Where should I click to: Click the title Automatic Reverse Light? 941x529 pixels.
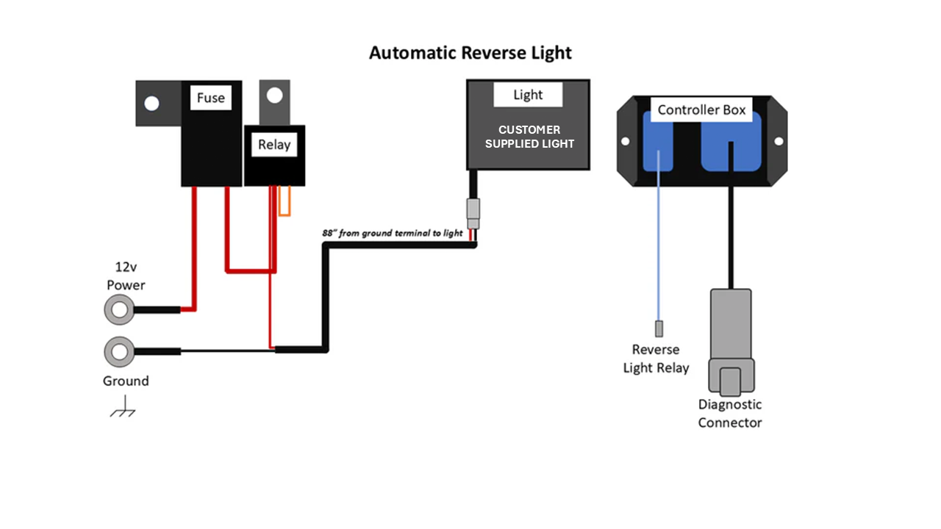[x=470, y=53]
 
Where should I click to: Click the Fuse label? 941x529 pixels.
[x=211, y=98]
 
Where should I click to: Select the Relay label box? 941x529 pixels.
[x=273, y=145]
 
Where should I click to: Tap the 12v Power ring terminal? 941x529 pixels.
[x=119, y=310]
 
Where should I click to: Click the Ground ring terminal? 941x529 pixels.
[x=119, y=351]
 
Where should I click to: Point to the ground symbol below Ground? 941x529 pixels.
[x=124, y=408]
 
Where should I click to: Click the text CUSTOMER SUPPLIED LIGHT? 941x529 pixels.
[x=529, y=137]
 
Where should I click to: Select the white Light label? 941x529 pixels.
[x=528, y=95]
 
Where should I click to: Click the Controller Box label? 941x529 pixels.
[x=701, y=110]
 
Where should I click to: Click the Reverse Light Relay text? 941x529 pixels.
[x=656, y=359]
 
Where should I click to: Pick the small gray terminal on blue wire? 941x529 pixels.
[x=658, y=328]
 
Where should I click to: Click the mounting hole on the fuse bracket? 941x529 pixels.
[x=151, y=104]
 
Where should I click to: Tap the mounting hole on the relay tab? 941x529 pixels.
[x=274, y=96]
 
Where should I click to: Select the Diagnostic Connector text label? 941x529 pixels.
[x=730, y=414]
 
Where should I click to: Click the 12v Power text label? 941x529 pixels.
[x=126, y=276]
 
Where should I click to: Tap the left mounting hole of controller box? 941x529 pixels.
[x=625, y=141]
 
